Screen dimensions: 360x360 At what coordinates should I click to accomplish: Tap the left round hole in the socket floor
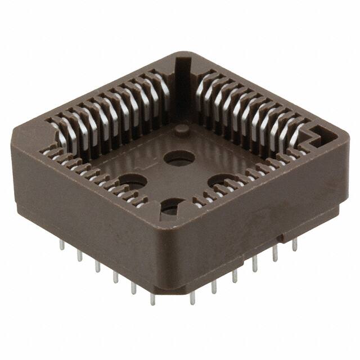tap(132, 182)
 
